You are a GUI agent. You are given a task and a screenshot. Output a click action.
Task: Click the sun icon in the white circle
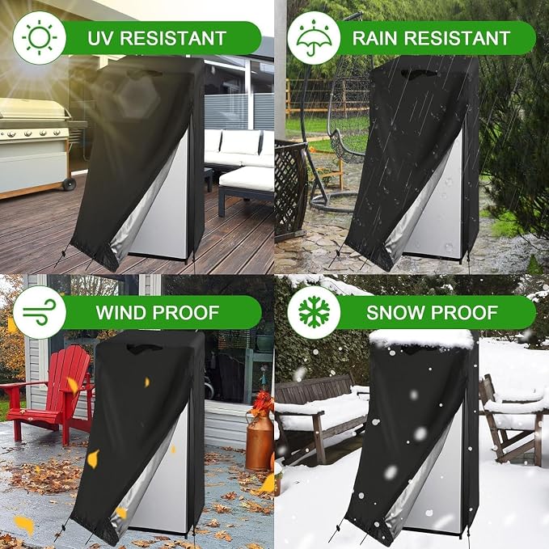click(x=39, y=38)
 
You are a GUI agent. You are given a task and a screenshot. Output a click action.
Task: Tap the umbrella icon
click(x=314, y=38)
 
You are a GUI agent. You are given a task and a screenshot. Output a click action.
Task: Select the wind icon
click(x=39, y=312)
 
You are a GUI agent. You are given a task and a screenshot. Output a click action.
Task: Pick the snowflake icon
click(x=314, y=312)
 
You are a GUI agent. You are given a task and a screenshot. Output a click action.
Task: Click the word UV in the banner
click(x=101, y=38)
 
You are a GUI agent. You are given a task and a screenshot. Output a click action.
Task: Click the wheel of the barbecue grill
click(x=69, y=184)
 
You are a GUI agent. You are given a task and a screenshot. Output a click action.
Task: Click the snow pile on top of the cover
click(x=421, y=338)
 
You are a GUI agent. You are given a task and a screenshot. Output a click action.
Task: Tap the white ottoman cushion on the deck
click(x=247, y=179)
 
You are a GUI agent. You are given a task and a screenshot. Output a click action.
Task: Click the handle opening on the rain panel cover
click(x=419, y=74)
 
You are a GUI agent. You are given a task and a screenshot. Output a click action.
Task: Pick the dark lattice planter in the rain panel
click(x=290, y=189)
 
